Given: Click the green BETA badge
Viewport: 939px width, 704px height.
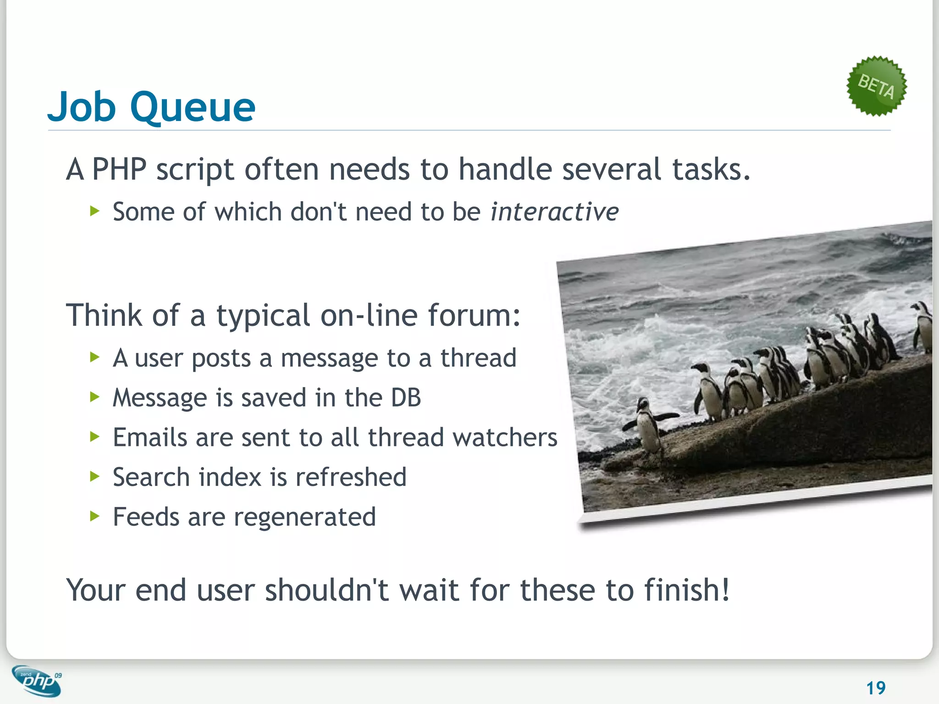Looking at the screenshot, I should coord(876,86).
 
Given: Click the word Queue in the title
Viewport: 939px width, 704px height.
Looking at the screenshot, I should coord(193,108).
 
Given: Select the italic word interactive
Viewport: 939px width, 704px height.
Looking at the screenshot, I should coord(554,212).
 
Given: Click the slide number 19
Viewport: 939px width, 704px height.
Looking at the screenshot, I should coord(875,687).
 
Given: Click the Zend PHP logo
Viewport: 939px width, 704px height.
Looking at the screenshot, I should coord(37,681).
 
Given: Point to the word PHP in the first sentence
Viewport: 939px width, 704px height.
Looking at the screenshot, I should coord(119,170).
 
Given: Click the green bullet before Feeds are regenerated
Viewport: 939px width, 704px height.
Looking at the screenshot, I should coord(95,517).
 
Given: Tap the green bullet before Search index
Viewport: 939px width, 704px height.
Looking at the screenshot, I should coord(95,477).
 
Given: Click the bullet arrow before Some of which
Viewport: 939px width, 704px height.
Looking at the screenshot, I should coord(95,211).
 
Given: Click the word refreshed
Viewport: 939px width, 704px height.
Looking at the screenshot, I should coord(351,477).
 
